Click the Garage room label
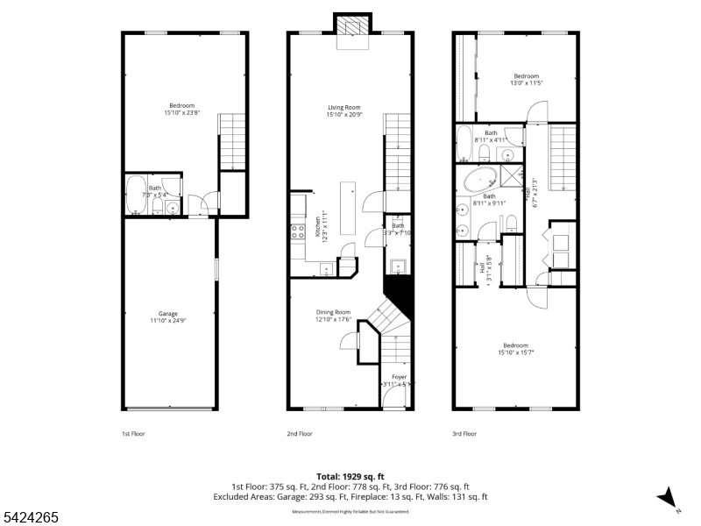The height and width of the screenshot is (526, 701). click(x=168, y=317)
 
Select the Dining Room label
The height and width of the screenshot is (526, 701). click(x=333, y=316)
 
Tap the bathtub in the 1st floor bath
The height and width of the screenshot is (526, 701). click(x=136, y=195)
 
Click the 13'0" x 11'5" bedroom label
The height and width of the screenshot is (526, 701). click(x=526, y=80)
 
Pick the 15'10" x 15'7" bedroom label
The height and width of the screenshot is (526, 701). click(x=515, y=349)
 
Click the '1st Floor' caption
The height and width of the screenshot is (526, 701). click(x=133, y=433)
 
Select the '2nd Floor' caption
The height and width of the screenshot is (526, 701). click(x=300, y=433)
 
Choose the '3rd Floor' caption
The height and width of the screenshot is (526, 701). click(x=464, y=433)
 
